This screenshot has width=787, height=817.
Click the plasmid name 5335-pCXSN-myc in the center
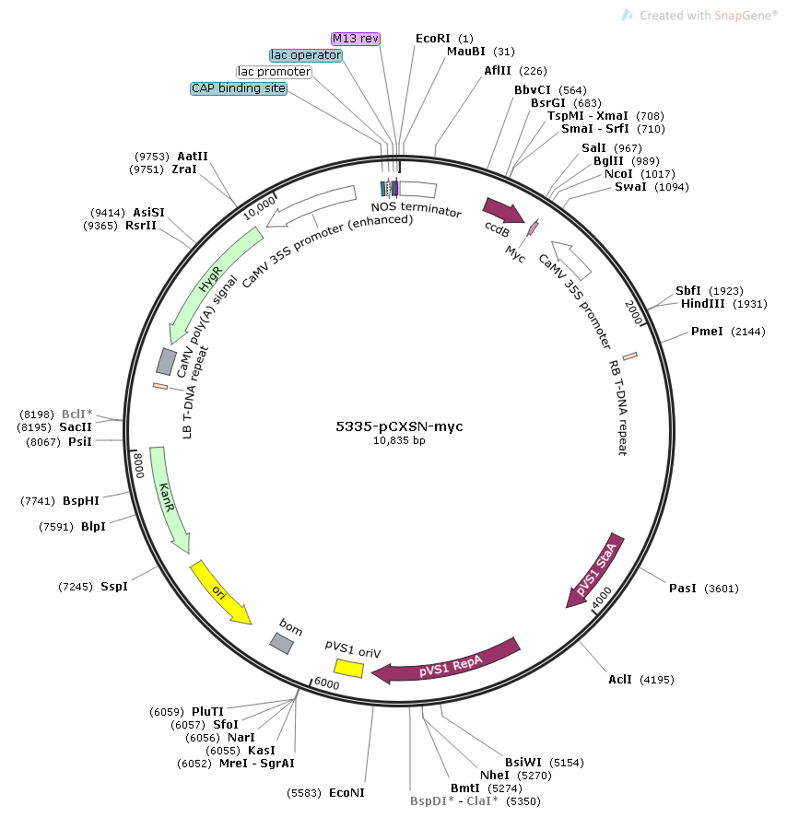pos(399,426)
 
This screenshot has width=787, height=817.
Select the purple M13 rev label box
pos(356,39)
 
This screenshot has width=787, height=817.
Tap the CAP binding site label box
pos(239,88)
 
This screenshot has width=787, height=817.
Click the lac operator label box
pos(306,55)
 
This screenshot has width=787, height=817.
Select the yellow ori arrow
pos(220,592)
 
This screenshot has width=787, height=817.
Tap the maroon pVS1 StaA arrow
pos(595,570)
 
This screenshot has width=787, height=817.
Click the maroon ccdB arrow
pos(503,210)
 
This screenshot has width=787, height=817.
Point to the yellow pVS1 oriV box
pos(348,668)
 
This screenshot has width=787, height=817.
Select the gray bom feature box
pos(281,644)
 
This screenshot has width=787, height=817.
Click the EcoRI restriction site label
pos(432,39)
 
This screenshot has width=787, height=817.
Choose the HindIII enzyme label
pos(702,304)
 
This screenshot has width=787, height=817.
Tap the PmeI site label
pos(707,332)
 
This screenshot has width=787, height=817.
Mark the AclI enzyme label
pos(620,680)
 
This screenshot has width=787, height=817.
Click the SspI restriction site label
pos(114,587)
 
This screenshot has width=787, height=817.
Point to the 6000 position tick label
pos(327,683)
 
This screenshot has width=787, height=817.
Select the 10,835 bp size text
pos(399,441)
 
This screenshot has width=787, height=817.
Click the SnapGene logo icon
pos(628,16)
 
